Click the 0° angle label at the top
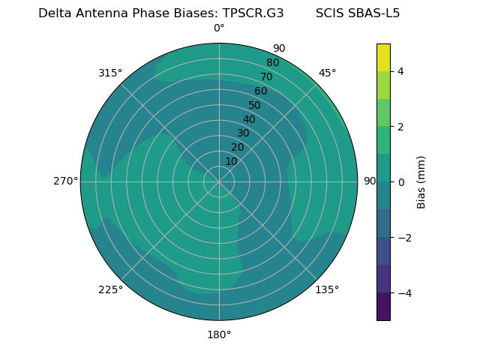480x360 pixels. coord(219,28)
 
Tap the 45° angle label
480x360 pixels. coord(327,73)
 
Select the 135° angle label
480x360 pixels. coord(327,289)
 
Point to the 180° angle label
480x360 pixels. coord(219,334)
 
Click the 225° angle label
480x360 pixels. coord(110,289)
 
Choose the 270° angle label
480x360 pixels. coord(65,181)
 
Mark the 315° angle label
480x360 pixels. coord(110,73)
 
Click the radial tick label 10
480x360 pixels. coord(231,161)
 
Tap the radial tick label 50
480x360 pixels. coord(255,105)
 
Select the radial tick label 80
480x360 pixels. coord(273,63)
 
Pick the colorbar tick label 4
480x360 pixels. coord(400,71)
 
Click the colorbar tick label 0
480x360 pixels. coord(400,181)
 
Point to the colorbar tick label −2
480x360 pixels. coord(403,237)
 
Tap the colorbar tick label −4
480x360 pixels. coord(403,292)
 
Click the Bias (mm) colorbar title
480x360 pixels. coord(421,181)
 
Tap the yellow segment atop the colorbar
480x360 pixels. coord(383,57)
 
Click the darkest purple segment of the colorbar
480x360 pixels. coord(383,307)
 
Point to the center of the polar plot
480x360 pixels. coord(219,181)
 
